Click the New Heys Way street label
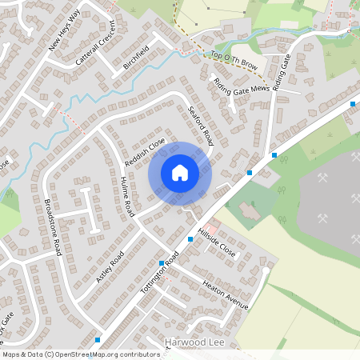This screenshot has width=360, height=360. coord(65,31)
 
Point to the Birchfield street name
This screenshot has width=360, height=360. coord(136,60)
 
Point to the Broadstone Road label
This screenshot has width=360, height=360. coord(53,227)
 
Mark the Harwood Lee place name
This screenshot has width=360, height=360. coord(191,342)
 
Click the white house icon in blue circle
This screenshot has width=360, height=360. coord(180,173)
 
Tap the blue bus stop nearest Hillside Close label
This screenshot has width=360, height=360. coord(190,239)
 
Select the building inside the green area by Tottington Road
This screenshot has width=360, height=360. coord(245,210)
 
